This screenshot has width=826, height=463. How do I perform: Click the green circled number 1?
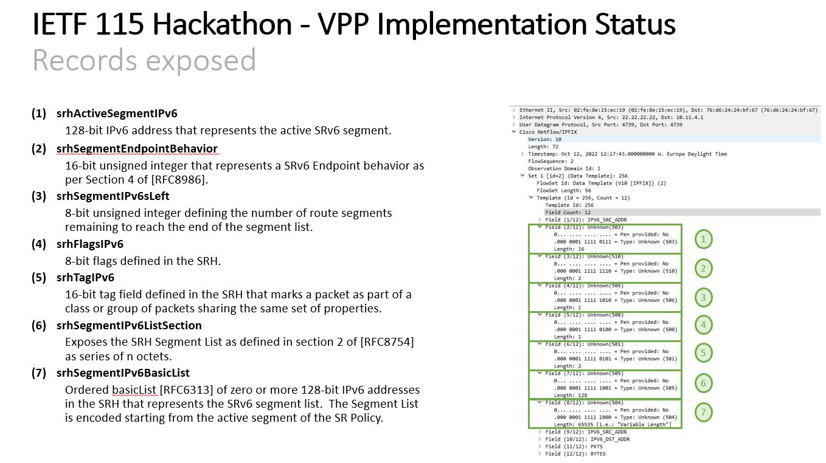(703, 239)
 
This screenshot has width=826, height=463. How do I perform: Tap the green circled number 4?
(703, 325)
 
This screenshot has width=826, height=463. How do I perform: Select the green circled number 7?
(703, 412)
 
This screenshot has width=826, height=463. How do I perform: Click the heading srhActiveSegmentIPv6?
(117, 114)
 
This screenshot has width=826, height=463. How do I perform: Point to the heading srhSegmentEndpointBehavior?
(137, 148)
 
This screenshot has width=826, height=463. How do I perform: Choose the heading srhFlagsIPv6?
(90, 244)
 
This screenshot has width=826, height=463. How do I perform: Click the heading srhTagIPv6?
(85, 277)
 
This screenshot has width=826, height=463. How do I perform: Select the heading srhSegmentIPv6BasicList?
(123, 372)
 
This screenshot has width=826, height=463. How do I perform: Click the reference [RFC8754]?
(387, 342)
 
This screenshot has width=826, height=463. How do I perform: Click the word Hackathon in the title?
(222, 24)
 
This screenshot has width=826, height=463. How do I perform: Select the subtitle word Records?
(85, 60)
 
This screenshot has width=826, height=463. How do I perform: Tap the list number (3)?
(39, 196)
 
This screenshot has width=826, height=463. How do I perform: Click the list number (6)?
(39, 325)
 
